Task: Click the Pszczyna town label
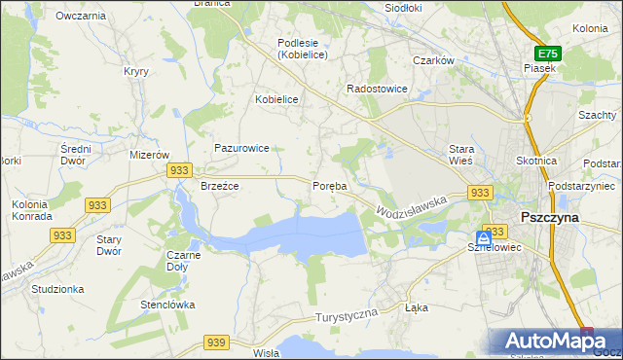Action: pos(550,218)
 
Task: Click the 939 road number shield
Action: pos(216,342)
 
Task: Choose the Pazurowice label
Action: pos(241,148)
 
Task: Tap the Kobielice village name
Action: pos(275,99)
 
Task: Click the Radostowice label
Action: pos(378,89)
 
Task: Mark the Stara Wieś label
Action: pos(460,155)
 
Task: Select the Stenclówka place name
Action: pos(167,305)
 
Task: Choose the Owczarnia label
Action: pos(81,16)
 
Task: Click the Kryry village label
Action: pos(134,71)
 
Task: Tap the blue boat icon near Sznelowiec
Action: pos(484,238)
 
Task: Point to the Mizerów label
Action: pos(150,155)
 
